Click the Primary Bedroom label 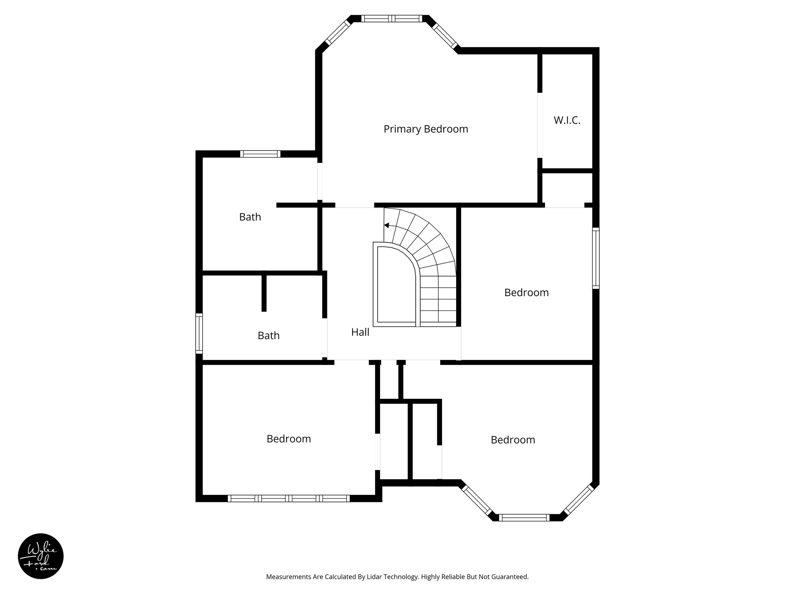coord(425,129)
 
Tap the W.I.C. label coord(567,120)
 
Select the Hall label coord(360,332)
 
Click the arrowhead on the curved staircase coord(387,225)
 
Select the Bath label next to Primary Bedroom coord(250,217)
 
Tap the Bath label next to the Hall coord(268,335)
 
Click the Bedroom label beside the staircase coord(526,293)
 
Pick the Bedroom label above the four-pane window coord(288,439)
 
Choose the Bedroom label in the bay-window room coord(512,440)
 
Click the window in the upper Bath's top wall coord(260,154)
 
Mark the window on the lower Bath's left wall coord(199,333)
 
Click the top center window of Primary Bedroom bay coord(391,18)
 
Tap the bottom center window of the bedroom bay coord(524,517)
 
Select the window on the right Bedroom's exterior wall coord(595,258)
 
